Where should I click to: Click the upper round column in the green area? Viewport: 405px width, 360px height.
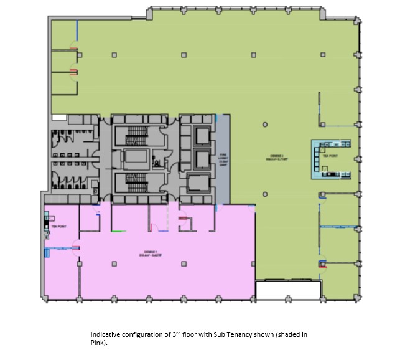click(265, 126)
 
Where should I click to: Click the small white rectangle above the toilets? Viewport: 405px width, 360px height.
click(59, 116)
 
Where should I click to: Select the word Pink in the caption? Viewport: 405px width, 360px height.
click(97, 343)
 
